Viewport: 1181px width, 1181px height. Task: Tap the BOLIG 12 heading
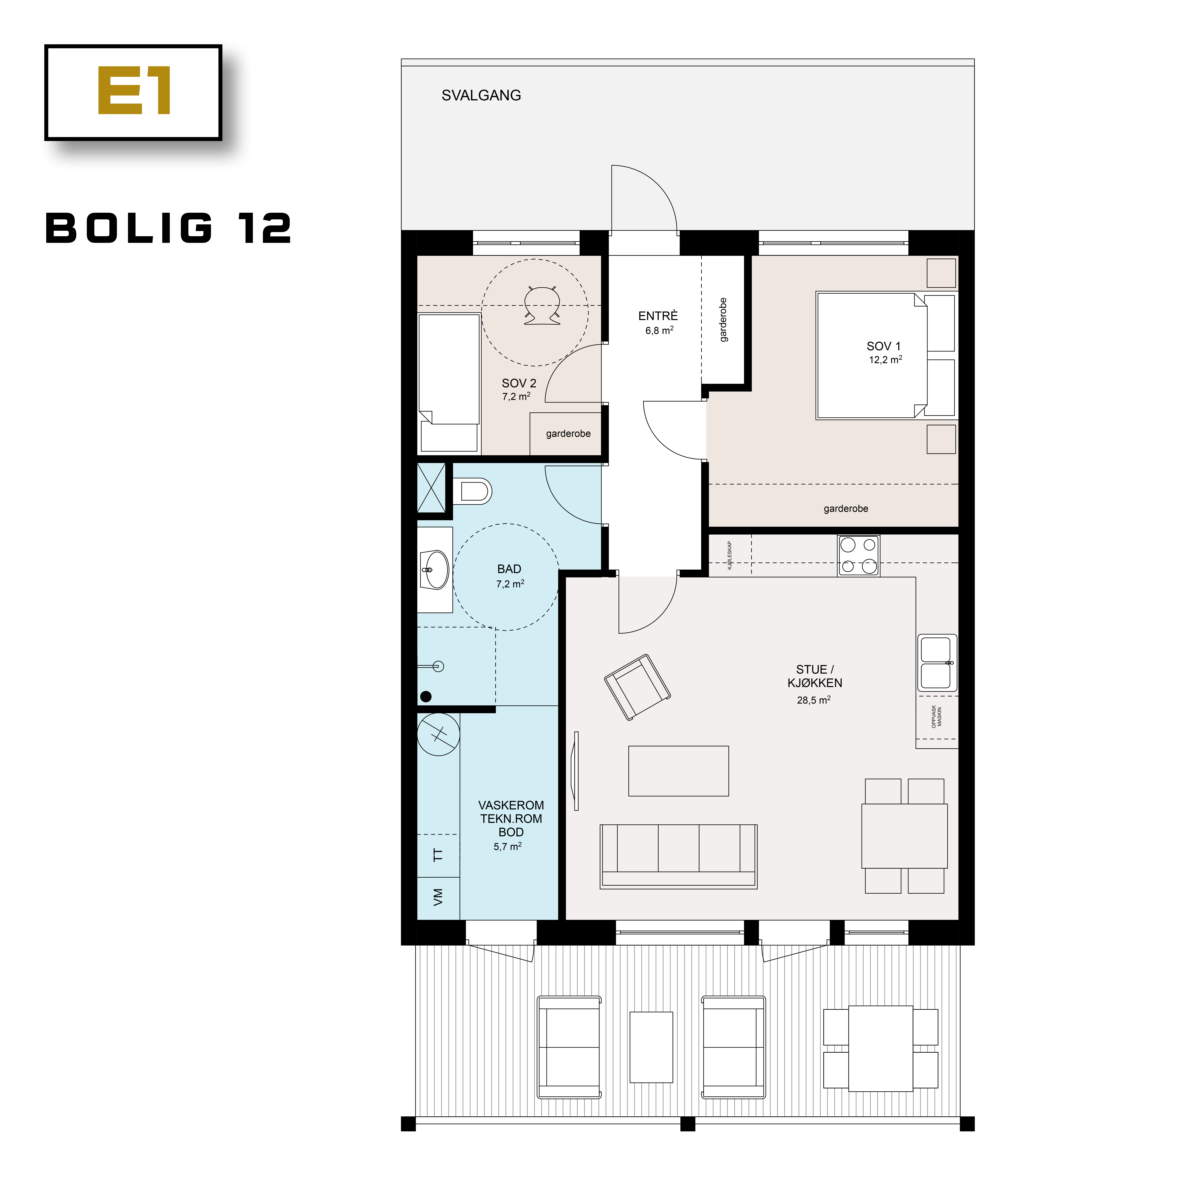click(169, 229)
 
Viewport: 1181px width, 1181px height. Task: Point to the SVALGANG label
click(481, 95)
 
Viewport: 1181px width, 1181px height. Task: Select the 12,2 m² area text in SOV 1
click(885, 360)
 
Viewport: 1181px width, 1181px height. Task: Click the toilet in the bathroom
click(474, 491)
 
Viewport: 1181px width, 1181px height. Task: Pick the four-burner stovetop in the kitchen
click(858, 555)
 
